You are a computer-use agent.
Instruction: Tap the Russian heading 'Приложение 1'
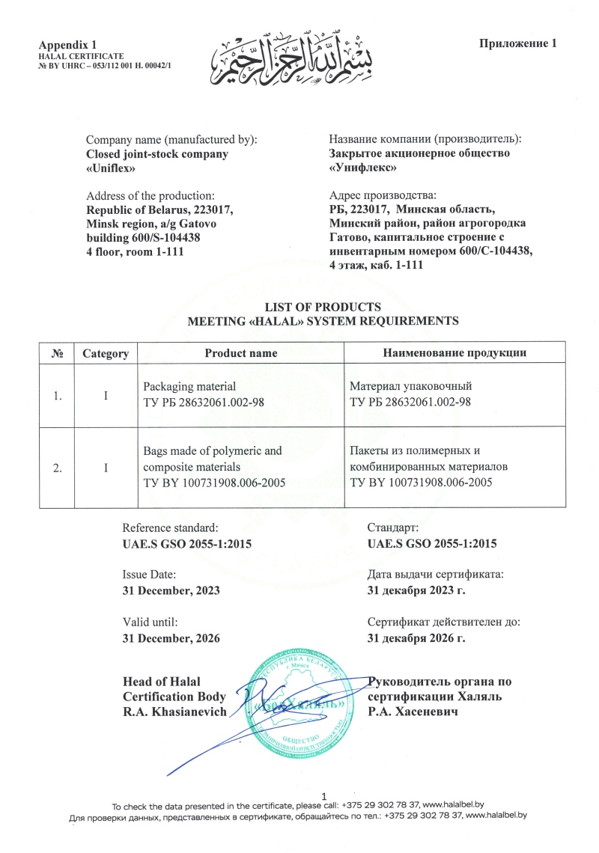[x=518, y=43]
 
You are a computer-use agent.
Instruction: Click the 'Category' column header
[x=106, y=353]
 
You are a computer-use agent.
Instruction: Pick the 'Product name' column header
[x=241, y=353]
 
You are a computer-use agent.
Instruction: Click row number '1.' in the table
[x=57, y=395]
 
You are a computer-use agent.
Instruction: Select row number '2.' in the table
[x=57, y=468]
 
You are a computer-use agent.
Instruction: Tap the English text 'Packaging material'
[x=189, y=386]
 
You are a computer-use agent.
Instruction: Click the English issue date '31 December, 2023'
[x=171, y=590]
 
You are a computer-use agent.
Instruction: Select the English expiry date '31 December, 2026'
[x=171, y=638]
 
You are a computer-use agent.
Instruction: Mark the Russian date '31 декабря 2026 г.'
[x=416, y=638]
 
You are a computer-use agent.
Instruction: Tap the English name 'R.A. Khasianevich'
[x=174, y=712]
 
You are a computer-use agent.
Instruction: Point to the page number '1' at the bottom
[x=323, y=795]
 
